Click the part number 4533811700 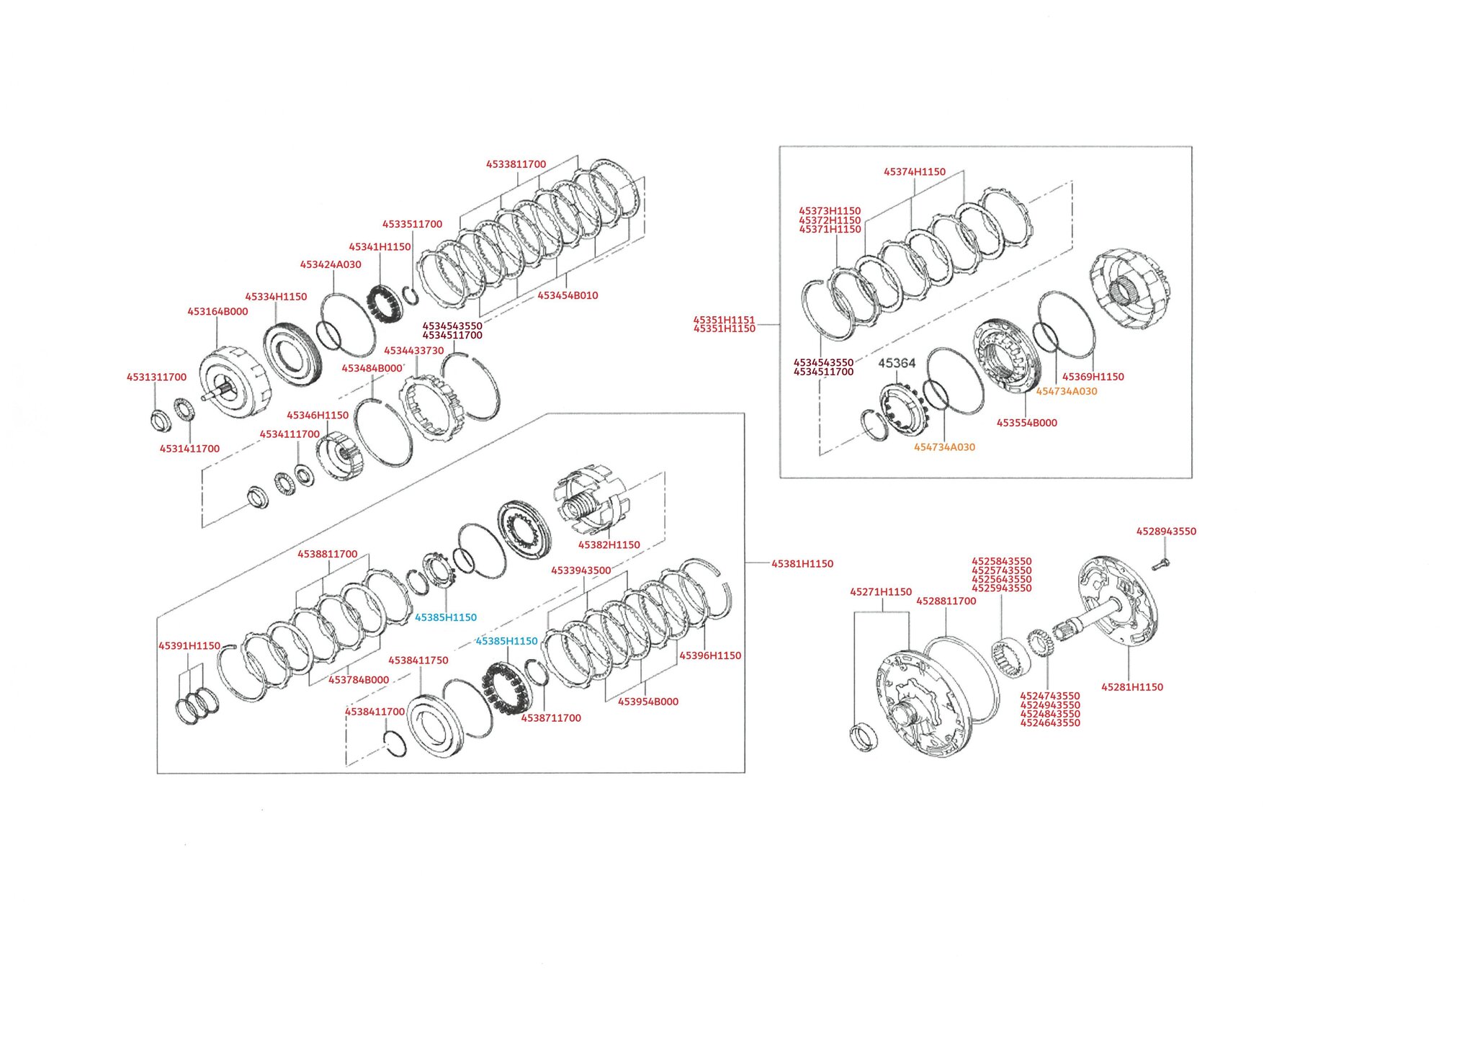pos(516,164)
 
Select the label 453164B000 pos(218,312)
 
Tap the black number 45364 pos(897,363)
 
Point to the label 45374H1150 pos(914,172)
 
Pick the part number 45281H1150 pos(1131,687)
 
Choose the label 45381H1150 pos(802,564)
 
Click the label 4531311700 pos(156,377)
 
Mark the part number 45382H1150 pos(609,545)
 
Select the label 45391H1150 pos(189,646)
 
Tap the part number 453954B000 pos(647,702)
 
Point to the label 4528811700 pos(946,601)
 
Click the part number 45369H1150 pos(1093,377)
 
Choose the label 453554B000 pos(1026,423)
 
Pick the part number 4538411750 pos(418,661)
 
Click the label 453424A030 pos(331,265)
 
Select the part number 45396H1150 pos(710,655)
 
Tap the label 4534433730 pos(413,351)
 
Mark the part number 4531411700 pos(189,449)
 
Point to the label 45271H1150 pos(880,592)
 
